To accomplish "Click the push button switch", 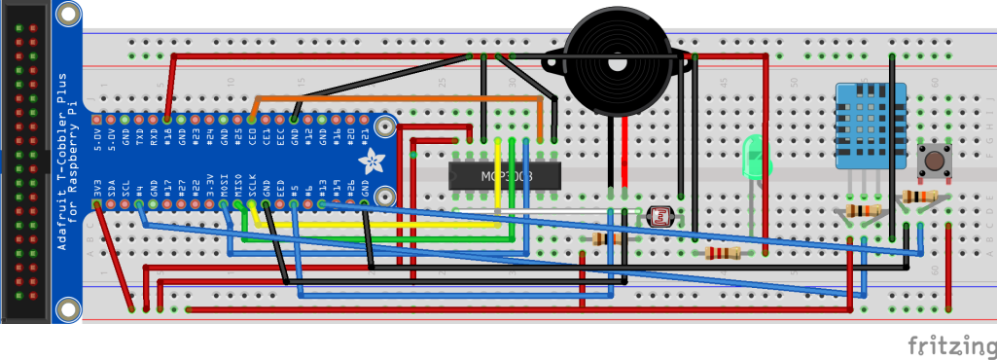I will tap(937, 161).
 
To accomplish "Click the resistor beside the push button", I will tap(919, 197).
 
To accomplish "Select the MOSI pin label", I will tap(225, 185).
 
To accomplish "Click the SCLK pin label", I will tap(253, 185).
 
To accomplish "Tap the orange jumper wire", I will tap(389, 98).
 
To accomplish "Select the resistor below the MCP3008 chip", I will tap(605, 238).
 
